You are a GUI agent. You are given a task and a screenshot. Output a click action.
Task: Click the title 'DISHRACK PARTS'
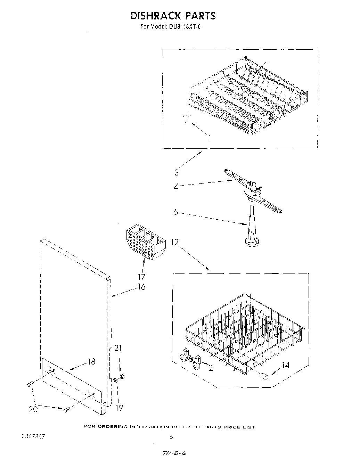tap(173, 16)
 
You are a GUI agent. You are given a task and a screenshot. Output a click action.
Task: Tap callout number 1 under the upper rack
tap(210, 138)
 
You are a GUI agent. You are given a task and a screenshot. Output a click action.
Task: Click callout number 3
tap(177, 172)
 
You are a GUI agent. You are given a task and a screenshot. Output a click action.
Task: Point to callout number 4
tap(176, 187)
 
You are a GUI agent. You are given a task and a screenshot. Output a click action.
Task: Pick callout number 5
tap(176, 212)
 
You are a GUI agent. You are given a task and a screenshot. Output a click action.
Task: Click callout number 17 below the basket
tap(142, 277)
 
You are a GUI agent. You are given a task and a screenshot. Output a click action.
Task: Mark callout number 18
tap(91, 361)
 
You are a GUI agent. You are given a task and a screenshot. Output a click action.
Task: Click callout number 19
tap(119, 408)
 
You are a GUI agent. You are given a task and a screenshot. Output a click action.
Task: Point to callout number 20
tap(33, 409)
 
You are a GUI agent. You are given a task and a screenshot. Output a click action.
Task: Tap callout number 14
tap(286, 365)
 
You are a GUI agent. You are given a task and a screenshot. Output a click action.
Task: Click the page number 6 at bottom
tap(171, 437)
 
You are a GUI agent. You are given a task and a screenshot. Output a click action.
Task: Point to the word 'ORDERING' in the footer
tap(112, 427)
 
